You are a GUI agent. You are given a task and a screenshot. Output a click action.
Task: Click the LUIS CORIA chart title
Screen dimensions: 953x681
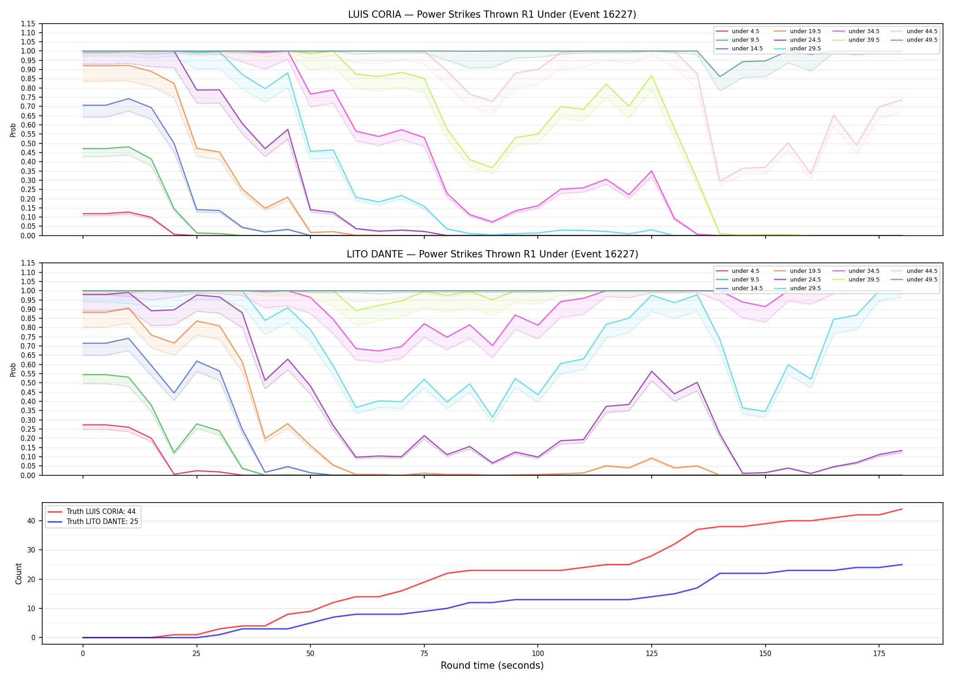coord(492,15)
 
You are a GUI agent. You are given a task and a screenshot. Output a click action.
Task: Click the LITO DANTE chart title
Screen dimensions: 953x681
coord(492,254)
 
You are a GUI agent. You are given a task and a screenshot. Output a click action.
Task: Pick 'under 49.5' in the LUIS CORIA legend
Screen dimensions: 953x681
coord(922,40)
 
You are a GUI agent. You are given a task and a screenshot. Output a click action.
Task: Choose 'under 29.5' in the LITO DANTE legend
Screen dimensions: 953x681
coord(805,288)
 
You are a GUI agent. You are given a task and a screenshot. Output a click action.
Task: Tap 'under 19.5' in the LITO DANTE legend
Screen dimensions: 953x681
coord(805,271)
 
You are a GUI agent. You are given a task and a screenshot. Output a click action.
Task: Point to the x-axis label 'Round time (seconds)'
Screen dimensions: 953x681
coord(492,666)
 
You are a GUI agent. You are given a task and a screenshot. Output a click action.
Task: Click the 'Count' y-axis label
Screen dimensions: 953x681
coord(19,573)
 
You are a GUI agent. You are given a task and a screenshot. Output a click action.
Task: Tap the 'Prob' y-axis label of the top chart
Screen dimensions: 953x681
coord(13,130)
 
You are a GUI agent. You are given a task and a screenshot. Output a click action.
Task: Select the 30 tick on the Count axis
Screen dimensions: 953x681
coord(31,550)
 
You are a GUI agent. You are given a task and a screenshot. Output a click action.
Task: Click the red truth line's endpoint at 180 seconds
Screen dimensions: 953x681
coord(902,509)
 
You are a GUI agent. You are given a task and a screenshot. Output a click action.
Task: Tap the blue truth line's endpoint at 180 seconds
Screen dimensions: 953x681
coord(902,565)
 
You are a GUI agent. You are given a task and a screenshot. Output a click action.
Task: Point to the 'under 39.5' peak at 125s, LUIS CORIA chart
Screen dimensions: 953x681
coord(651,75)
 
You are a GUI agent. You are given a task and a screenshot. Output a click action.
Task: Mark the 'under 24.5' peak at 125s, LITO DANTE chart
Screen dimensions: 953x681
coord(651,371)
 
